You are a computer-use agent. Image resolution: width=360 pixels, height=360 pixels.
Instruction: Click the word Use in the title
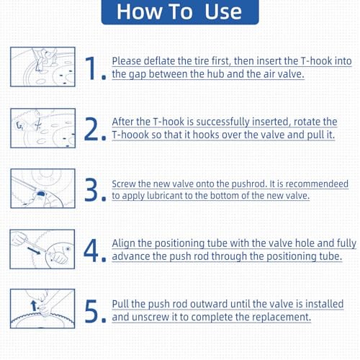click(223, 12)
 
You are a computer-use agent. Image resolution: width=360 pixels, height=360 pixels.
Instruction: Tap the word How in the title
click(139, 12)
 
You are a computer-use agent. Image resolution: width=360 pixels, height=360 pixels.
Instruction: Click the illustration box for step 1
click(42, 67)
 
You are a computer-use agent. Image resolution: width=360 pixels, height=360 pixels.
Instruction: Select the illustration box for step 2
click(42, 128)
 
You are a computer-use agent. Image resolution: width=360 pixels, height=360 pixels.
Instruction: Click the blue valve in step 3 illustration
click(41, 194)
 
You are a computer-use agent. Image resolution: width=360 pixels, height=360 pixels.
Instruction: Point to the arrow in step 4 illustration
click(34, 251)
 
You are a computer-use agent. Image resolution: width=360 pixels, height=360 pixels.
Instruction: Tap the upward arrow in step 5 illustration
click(34, 305)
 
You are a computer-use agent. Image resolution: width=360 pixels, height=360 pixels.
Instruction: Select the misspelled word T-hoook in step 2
click(130, 135)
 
